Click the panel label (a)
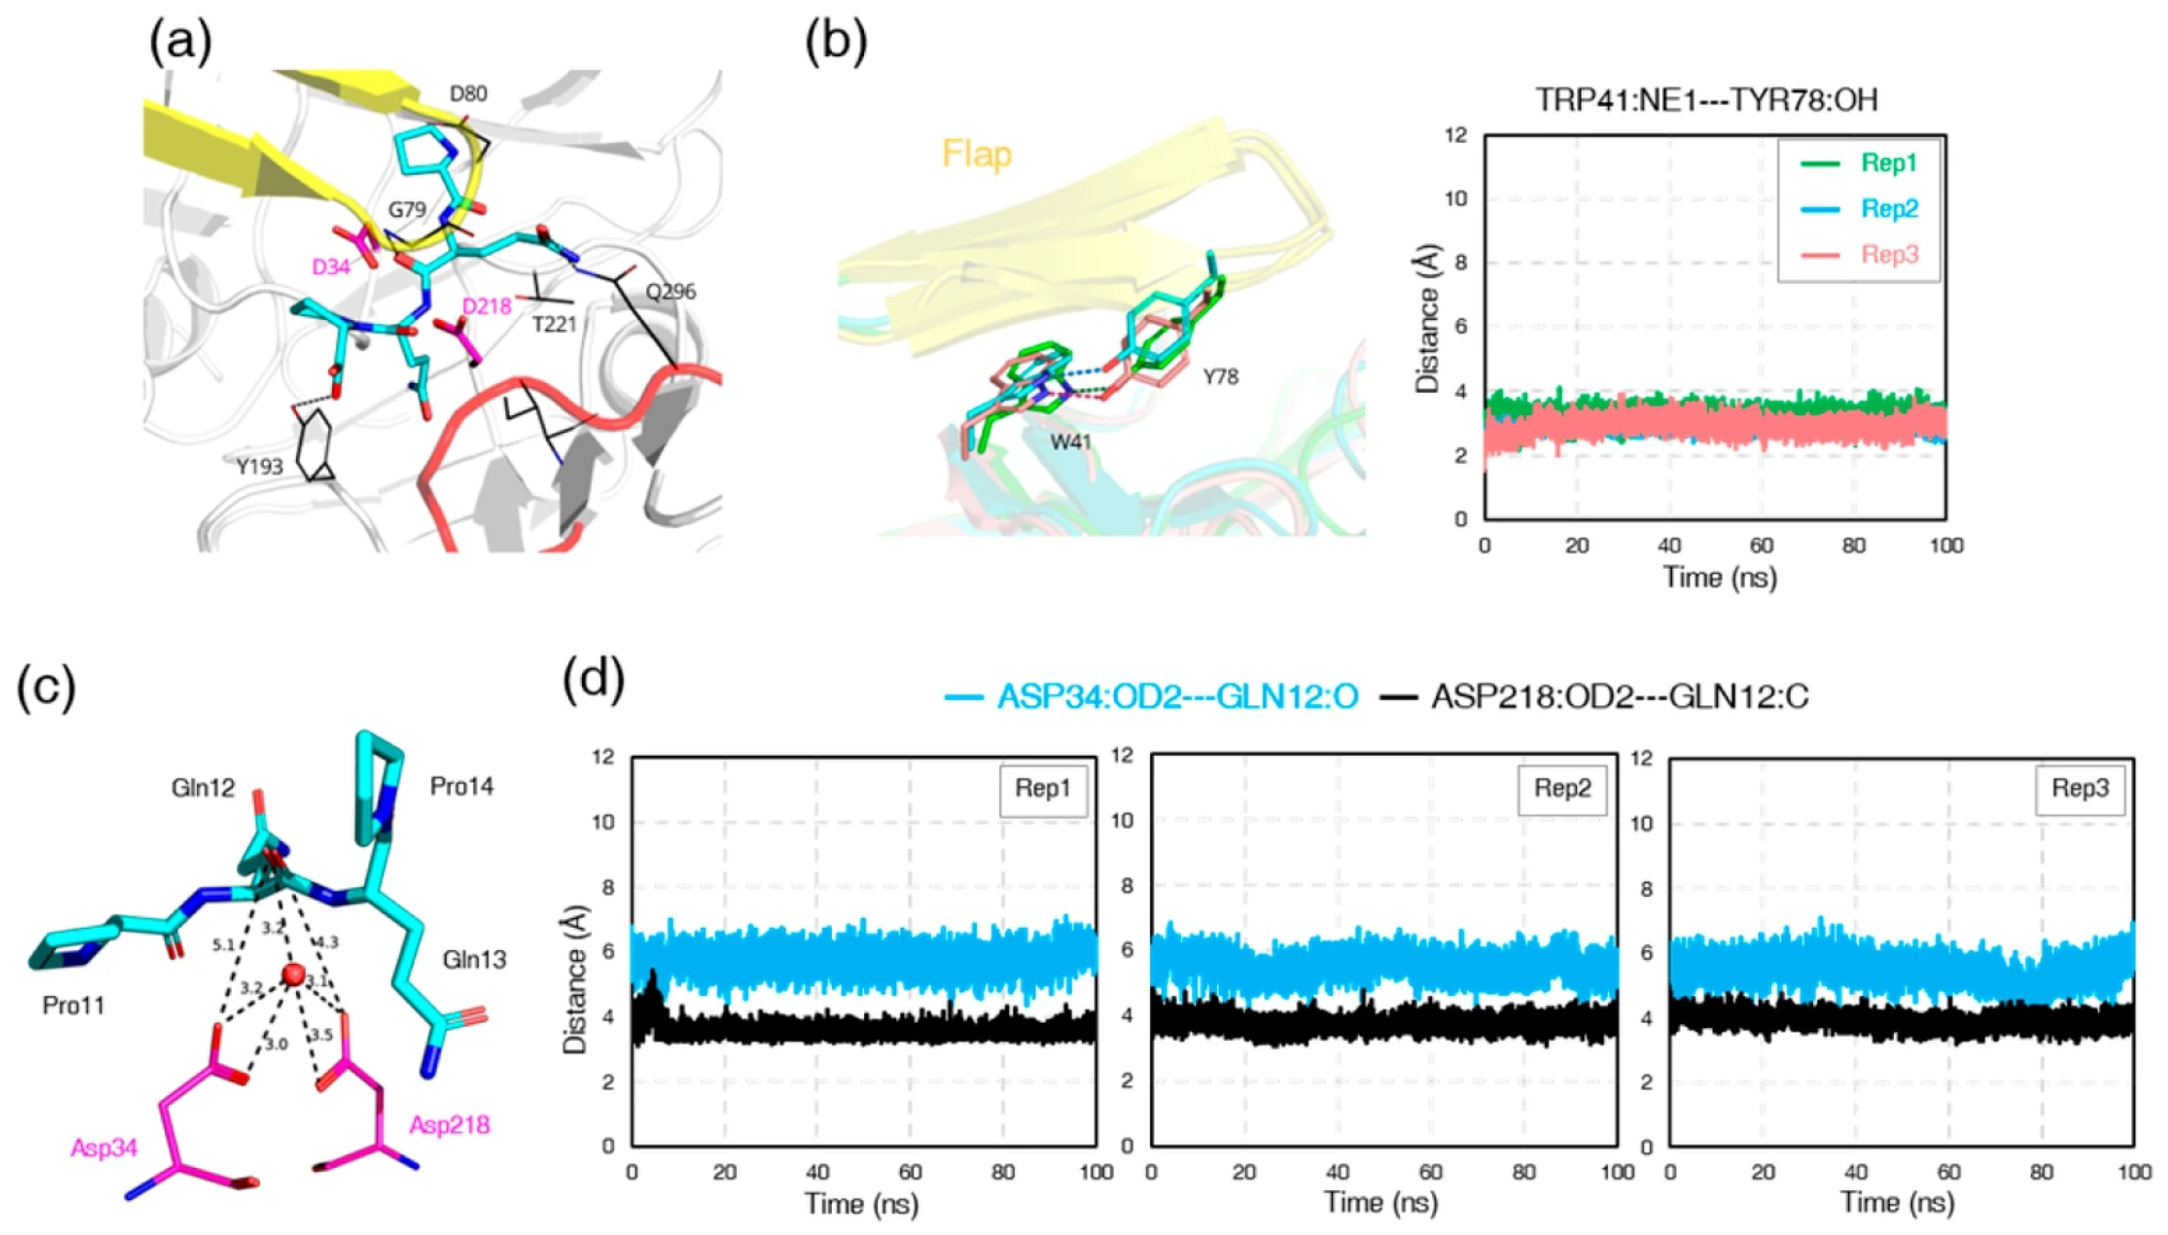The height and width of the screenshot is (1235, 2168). click(x=180, y=42)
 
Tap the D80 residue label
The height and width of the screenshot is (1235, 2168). click(x=467, y=93)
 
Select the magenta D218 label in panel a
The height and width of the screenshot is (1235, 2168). click(x=486, y=306)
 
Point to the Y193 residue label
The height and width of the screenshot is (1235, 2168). click(x=260, y=466)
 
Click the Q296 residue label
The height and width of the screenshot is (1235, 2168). click(x=670, y=292)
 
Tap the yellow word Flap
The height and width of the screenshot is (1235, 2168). click(x=977, y=155)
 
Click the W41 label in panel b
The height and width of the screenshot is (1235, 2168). click(x=1070, y=442)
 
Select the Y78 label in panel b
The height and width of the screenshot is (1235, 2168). click(x=1220, y=377)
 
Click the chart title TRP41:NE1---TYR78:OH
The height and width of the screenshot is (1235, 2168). click(x=1707, y=100)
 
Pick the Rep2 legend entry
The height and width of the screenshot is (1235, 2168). click(x=1889, y=209)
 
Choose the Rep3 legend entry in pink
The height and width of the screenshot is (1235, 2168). click(x=1889, y=254)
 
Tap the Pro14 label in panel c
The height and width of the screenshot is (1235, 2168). click(x=461, y=787)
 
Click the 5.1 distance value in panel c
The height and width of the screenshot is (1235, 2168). click(x=223, y=945)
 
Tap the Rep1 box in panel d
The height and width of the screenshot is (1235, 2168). click(x=1043, y=789)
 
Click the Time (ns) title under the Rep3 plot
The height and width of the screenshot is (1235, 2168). click(x=1897, y=1203)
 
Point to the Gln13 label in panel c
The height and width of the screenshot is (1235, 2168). click(x=474, y=959)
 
